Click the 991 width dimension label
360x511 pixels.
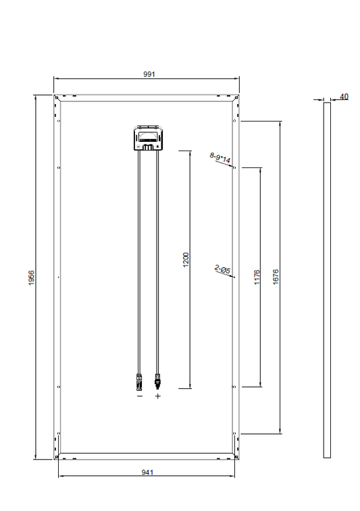pos(149,74)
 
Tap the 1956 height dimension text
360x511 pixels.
pos(31,277)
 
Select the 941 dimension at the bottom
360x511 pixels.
pos(147,473)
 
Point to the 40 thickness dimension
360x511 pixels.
pos(344,97)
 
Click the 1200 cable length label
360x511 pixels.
pos(186,260)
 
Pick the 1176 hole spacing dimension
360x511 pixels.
pos(257,277)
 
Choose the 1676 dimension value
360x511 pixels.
pos(276,277)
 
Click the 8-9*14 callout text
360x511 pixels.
pos(220,157)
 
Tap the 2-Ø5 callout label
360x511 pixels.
pos(223,269)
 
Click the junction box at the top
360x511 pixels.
pos(149,138)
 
